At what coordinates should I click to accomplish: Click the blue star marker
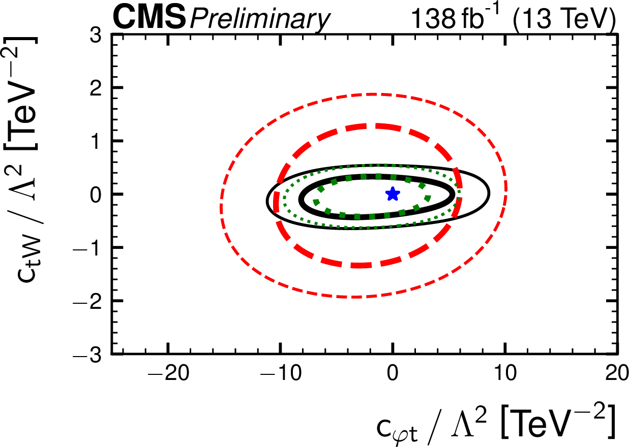392,194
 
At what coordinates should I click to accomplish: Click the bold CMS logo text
149,18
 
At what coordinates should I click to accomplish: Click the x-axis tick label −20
167,377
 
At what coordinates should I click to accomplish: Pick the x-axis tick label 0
392,377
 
